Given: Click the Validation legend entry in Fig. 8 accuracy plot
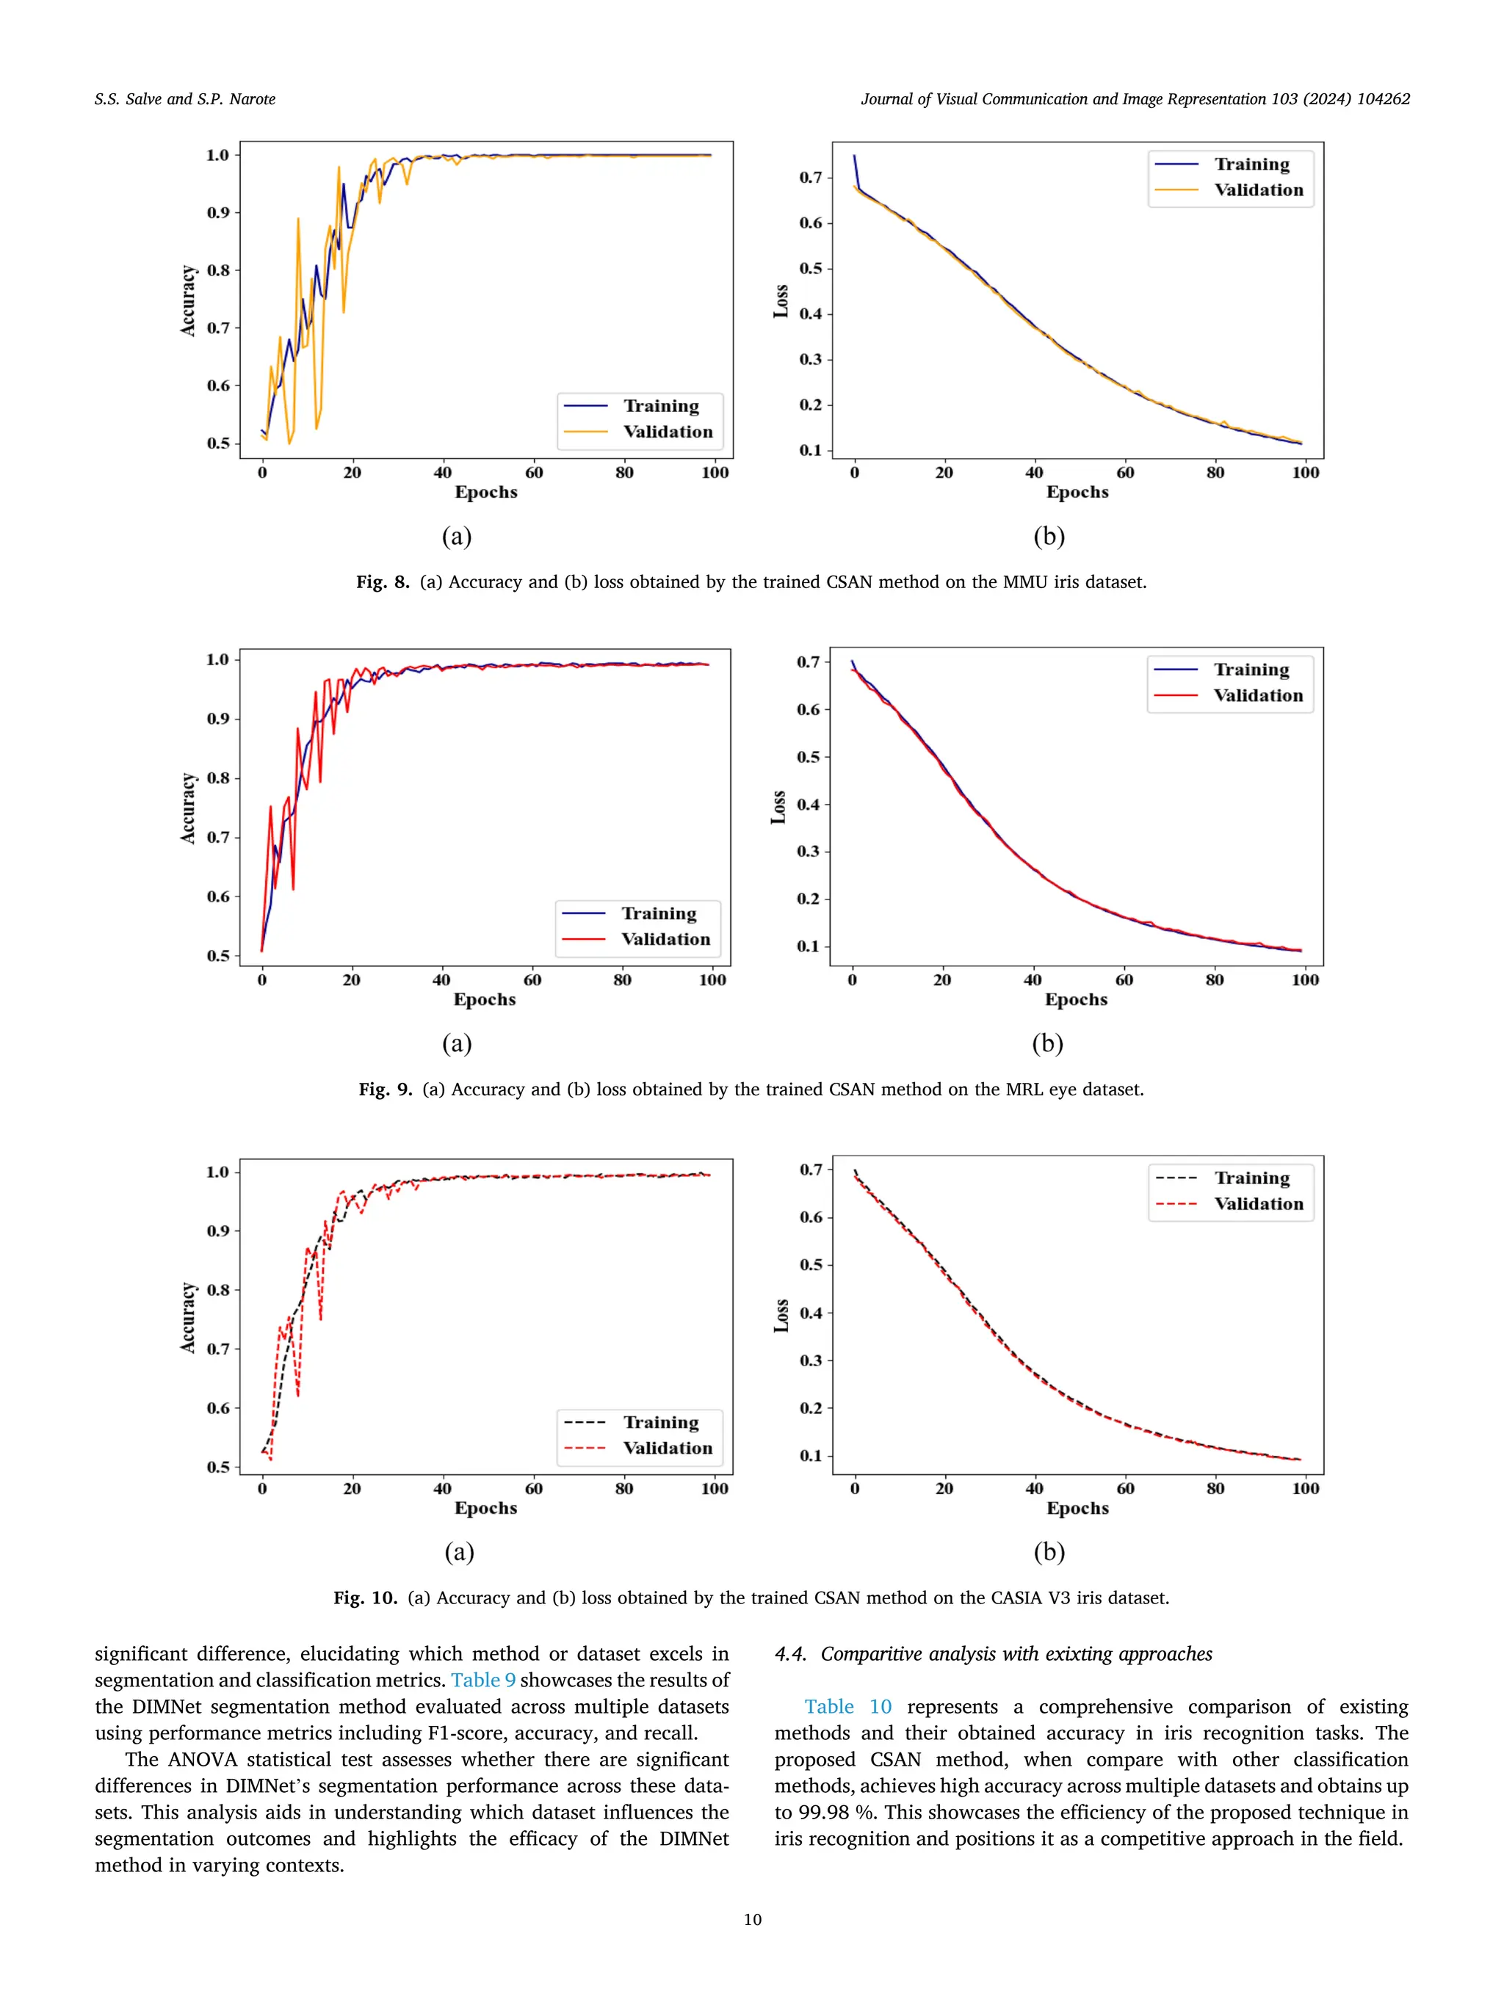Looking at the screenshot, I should click(x=668, y=432).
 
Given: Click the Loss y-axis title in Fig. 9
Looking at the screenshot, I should click(x=778, y=807).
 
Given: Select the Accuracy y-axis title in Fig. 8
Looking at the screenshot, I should click(x=188, y=300).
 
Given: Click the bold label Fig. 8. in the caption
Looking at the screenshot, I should click(x=382, y=582).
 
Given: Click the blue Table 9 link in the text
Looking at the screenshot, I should click(x=483, y=1680).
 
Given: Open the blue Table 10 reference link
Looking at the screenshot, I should click(x=847, y=1707).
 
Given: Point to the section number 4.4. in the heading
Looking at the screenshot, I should click(x=790, y=1653).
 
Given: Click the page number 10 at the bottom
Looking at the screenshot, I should click(x=751, y=1919).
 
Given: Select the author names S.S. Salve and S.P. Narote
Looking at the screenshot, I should click(x=185, y=99).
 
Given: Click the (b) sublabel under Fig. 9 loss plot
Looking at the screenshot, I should click(x=1047, y=1043).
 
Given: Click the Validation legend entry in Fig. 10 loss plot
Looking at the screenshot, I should click(x=1258, y=1204).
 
